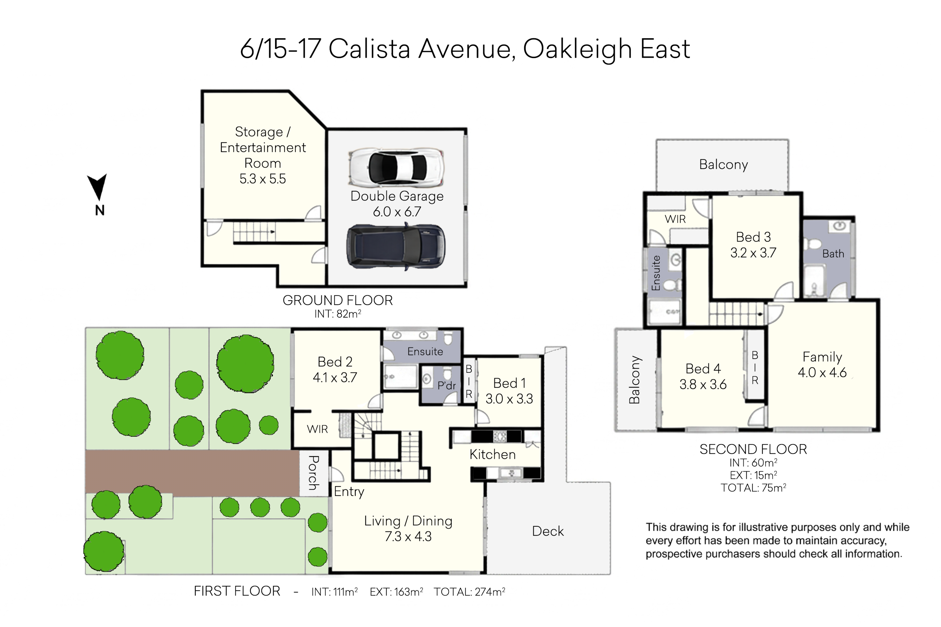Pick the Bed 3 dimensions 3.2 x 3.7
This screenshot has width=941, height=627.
(x=753, y=253)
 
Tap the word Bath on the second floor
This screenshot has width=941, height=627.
(x=833, y=253)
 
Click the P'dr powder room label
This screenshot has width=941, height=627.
(x=447, y=385)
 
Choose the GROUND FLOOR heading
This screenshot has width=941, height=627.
(x=337, y=300)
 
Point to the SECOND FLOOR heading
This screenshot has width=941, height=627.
(x=753, y=449)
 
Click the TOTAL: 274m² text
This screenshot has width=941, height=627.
(x=469, y=592)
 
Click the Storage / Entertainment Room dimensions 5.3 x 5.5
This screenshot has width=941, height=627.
(x=263, y=179)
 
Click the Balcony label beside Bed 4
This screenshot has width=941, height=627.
(x=634, y=379)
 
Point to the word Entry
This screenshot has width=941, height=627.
(x=349, y=492)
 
